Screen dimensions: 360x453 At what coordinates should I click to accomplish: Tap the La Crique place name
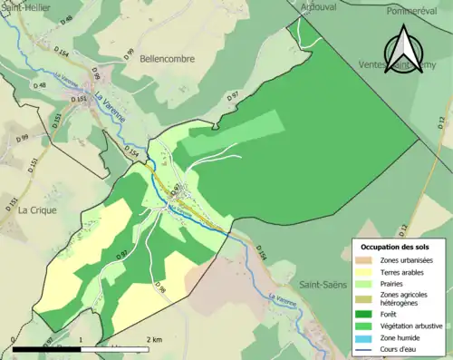click(x=37, y=209)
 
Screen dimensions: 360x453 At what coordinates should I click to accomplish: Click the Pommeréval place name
click(x=412, y=12)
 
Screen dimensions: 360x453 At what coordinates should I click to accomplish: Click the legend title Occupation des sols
click(x=396, y=247)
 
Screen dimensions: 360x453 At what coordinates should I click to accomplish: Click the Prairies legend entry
click(x=395, y=284)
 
